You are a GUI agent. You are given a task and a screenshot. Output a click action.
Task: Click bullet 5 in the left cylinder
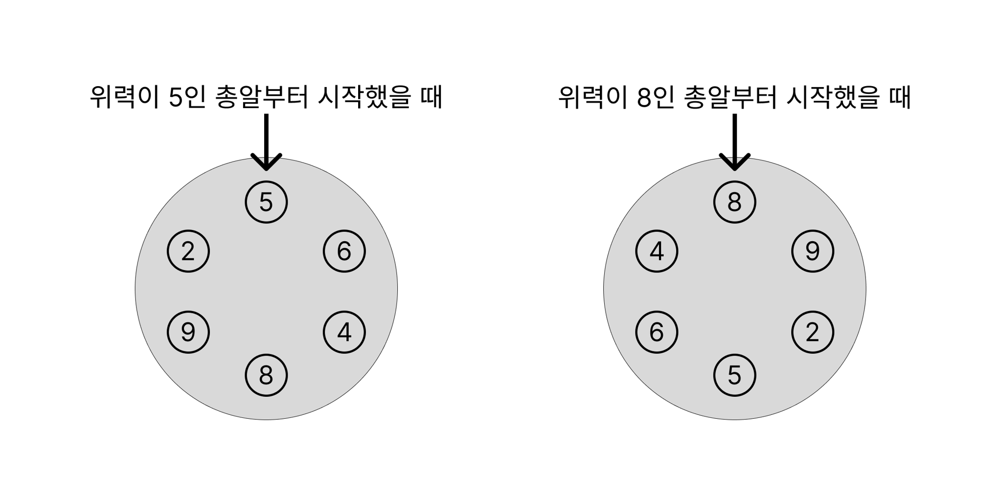(266, 202)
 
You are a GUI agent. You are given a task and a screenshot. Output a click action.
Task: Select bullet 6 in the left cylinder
(344, 251)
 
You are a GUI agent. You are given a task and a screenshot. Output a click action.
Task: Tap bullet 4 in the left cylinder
(344, 332)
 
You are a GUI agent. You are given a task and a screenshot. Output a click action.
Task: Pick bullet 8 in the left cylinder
(266, 375)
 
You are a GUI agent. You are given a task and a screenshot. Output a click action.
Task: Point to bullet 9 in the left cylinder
(188, 332)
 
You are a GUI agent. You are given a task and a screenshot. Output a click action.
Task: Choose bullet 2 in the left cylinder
(188, 251)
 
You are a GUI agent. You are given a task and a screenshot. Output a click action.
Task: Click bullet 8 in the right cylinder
(734, 202)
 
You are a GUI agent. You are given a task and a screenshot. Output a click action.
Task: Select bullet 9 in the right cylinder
(812, 251)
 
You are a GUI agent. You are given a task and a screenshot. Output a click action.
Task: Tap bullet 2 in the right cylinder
(812, 332)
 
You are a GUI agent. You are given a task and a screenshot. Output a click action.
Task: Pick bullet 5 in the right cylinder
(734, 375)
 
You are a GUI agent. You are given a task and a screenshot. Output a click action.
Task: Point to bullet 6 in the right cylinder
(657, 332)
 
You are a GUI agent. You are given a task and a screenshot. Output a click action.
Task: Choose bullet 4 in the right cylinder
(657, 251)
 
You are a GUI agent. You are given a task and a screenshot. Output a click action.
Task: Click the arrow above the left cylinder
(266, 142)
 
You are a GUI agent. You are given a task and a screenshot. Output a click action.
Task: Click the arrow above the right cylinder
(734, 142)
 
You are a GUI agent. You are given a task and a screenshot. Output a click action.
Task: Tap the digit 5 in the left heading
(175, 97)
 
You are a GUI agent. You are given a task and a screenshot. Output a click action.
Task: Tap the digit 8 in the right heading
(643, 97)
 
